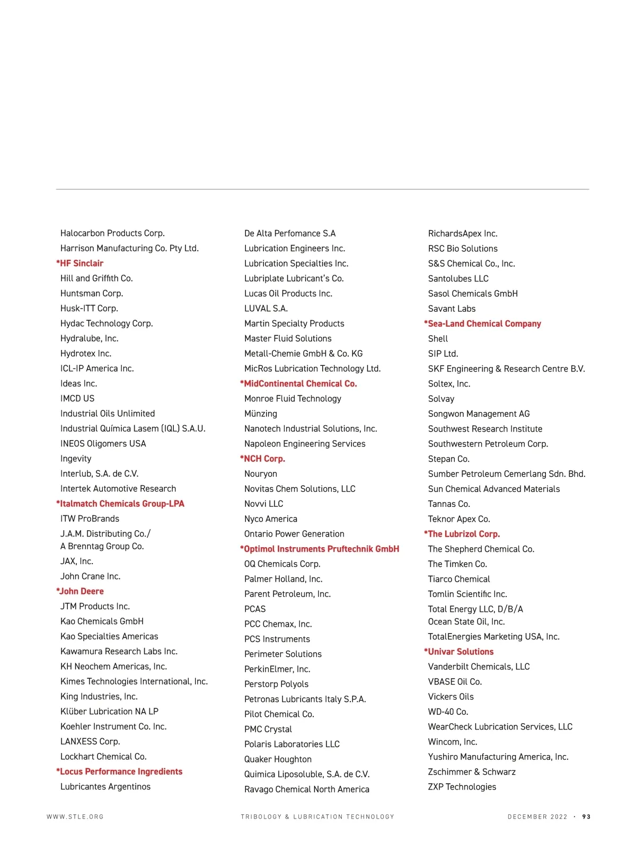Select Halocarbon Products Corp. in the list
112,233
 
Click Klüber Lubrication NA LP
109,712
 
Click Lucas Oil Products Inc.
288,293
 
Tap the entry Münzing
261,414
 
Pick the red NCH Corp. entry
264,459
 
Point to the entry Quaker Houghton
278,759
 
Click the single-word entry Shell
438,339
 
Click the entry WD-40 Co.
448,712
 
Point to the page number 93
586,817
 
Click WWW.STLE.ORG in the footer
75,817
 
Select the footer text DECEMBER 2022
537,817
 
